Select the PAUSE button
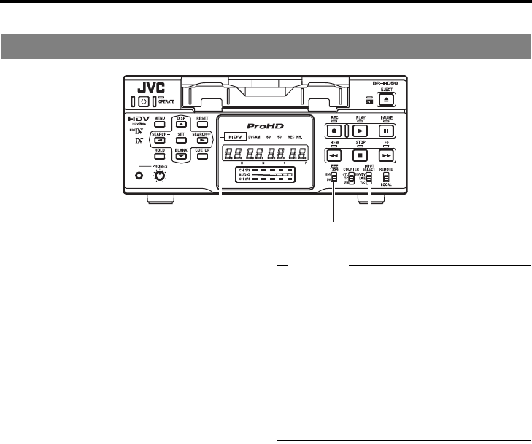pos(388,131)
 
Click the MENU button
pos(160,124)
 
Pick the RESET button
pos(202,124)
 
